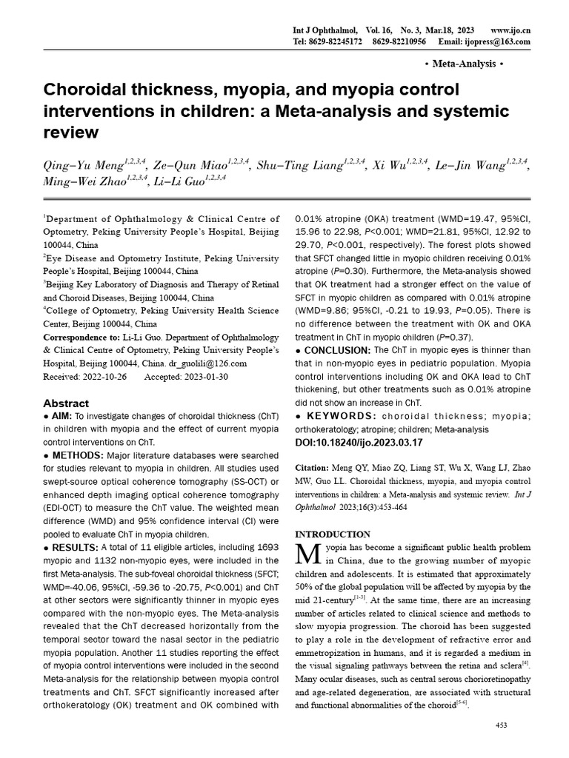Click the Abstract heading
[x=66, y=403]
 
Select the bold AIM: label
[x=62, y=417]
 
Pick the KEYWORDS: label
[x=339, y=417]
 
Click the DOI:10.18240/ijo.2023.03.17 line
[x=359, y=442]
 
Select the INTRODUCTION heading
[x=333, y=534]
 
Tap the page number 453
[x=501, y=725]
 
